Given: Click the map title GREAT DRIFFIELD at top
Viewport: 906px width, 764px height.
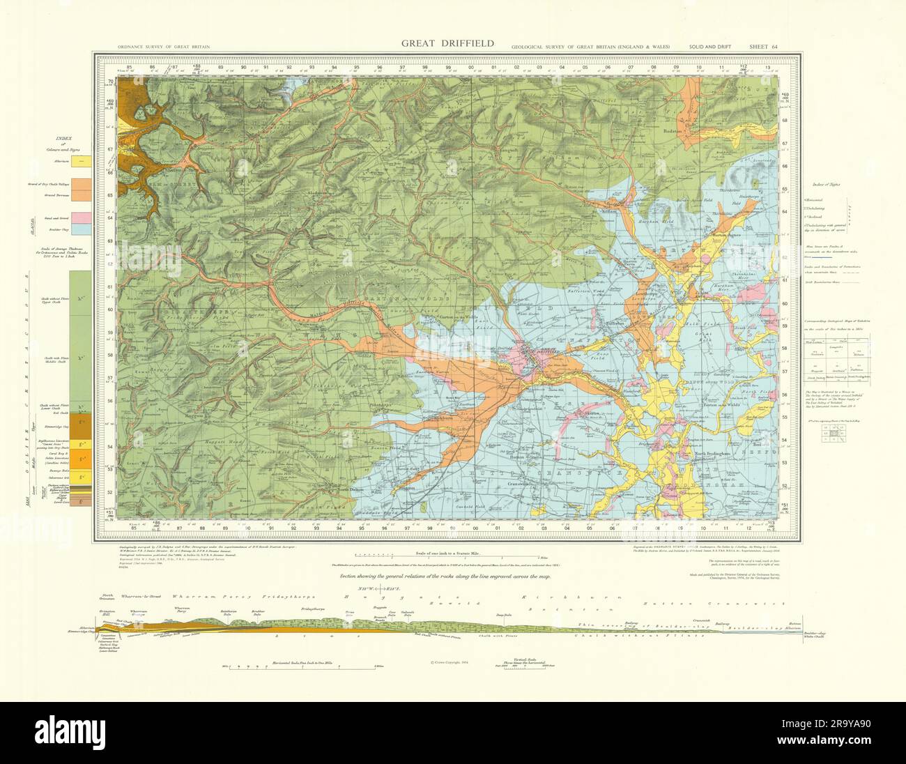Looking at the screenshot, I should click(447, 43).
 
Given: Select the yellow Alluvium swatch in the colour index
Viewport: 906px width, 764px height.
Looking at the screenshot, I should click(82, 161).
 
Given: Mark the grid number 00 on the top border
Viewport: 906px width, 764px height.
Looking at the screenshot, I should click(471, 68).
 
